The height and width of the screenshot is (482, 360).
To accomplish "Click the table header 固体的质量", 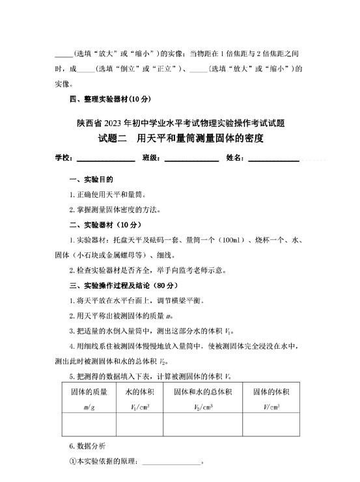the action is (89, 392).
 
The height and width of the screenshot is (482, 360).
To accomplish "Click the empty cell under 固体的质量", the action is (89, 425).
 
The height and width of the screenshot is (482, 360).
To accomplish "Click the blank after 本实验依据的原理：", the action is (171, 463).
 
